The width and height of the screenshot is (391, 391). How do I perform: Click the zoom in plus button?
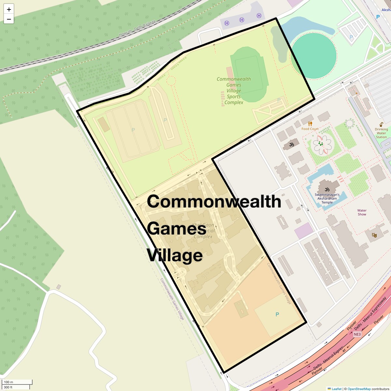click(x=9, y=9)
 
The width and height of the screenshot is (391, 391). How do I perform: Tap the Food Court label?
click(x=310, y=129)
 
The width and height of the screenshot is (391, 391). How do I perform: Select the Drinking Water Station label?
click(x=381, y=133)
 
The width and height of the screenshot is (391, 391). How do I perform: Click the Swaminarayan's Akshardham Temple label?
click(x=327, y=198)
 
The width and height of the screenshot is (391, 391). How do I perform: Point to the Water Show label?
click(x=362, y=212)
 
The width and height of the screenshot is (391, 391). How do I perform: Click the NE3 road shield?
click(x=357, y=334)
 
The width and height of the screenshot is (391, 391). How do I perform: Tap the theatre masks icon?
click(x=374, y=235)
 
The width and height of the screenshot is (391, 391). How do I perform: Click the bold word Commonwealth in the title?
click(x=214, y=201)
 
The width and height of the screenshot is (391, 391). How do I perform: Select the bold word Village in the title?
click(x=175, y=255)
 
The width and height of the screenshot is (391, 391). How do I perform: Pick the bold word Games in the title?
click(x=176, y=228)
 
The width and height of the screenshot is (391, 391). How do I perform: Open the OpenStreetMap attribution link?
click(x=359, y=389)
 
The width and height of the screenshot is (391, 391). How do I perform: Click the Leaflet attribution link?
click(x=337, y=389)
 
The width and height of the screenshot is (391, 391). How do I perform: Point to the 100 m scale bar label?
click(x=9, y=382)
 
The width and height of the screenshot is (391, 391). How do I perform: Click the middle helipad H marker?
click(x=242, y=20)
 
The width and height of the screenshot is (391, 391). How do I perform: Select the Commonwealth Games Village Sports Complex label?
click(x=234, y=91)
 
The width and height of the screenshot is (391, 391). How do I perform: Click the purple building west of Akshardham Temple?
click(x=304, y=231)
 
